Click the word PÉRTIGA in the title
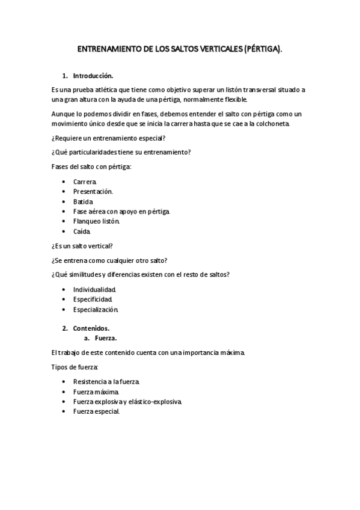(262, 54)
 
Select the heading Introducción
(93, 76)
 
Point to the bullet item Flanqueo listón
(97, 221)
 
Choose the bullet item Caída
(82, 231)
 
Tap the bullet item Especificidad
(93, 299)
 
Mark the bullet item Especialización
(96, 309)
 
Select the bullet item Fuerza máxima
(92, 391)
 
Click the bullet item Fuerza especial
(96, 411)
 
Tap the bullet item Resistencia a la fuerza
(106, 381)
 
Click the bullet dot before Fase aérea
(64, 211)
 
